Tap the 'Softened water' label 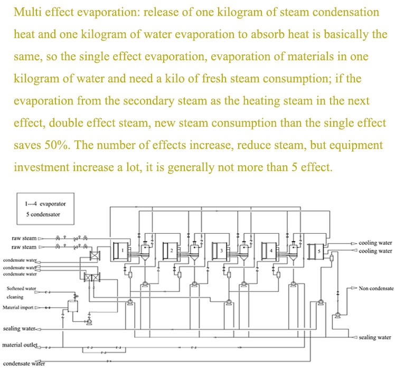coord(21,289)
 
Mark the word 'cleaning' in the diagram coord(15,297)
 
